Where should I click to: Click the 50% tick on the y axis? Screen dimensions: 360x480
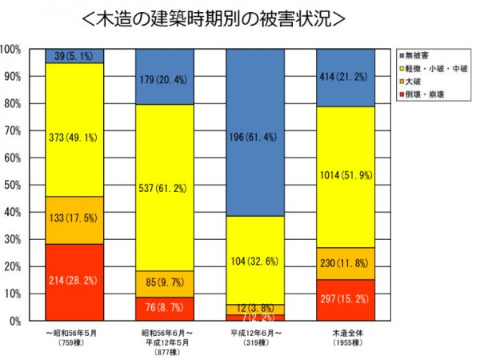click(x=14, y=185)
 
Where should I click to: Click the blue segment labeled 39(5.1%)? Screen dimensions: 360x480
click(x=74, y=56)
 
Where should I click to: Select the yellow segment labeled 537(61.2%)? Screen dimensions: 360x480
click(x=165, y=187)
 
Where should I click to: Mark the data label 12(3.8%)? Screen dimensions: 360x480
click(x=255, y=309)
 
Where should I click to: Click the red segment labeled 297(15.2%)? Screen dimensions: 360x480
click(x=346, y=300)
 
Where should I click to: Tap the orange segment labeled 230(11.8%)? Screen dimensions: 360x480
click(x=346, y=263)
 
